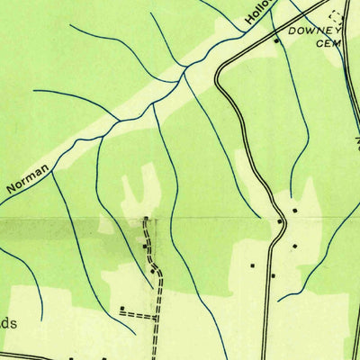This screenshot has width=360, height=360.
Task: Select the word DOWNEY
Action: click(310, 31)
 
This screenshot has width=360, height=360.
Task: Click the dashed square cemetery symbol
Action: click(337, 14)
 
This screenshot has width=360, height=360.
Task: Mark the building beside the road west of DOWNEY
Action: click(276, 40)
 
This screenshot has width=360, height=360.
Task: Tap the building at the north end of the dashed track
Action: click(148, 219)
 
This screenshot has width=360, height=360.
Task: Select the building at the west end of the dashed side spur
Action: click(121, 309)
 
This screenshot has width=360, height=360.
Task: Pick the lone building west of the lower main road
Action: click(253, 265)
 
